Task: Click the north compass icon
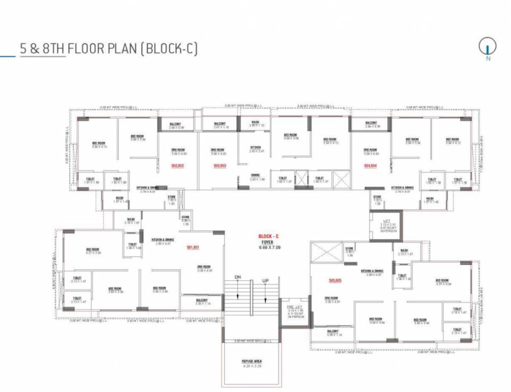[x=488, y=47]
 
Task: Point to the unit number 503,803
[x=220, y=166]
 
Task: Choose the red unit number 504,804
[x=371, y=166]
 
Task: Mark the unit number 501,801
[x=193, y=248]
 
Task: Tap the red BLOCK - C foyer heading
[x=269, y=236]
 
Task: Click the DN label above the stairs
[x=238, y=277]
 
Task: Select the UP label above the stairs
[x=265, y=281]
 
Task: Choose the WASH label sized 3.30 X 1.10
[x=256, y=124]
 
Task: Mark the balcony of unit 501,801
[x=202, y=301]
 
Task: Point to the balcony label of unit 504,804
[x=371, y=124]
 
